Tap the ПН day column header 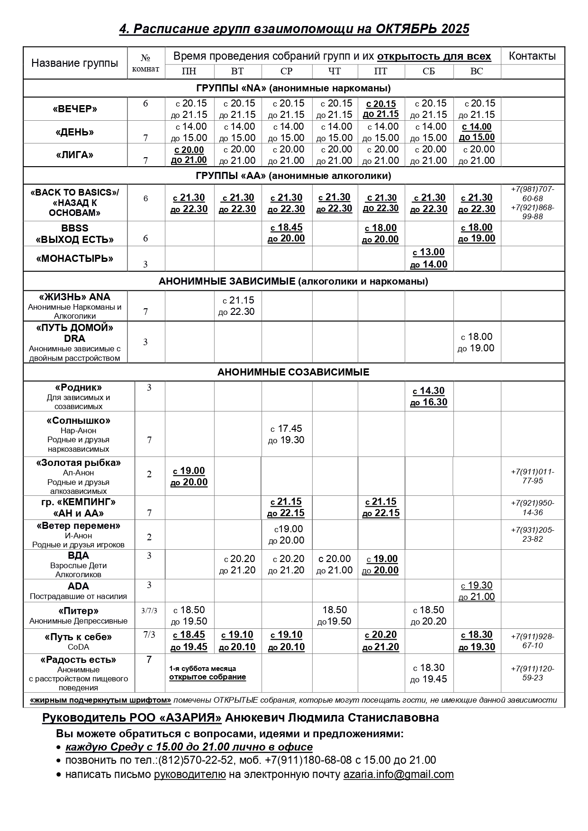189,71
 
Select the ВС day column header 477,71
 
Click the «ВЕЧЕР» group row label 75,109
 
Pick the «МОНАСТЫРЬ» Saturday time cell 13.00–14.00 428,258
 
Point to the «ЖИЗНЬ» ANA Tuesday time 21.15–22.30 237,306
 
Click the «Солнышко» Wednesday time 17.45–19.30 286,434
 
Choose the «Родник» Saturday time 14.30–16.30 428,396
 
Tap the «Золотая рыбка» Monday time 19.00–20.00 189,476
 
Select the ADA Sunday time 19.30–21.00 477,591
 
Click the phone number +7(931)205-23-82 533,535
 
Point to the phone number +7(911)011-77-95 533,476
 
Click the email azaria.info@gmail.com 398,774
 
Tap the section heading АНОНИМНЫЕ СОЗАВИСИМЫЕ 293,372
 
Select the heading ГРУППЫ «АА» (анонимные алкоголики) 293,176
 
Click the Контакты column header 532,56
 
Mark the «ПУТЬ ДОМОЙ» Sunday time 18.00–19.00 477,342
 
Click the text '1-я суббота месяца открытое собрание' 208,673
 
